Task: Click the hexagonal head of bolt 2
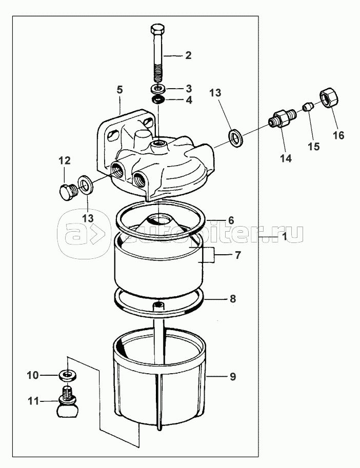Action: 157,30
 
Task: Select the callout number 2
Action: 188,55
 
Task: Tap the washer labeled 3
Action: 158,89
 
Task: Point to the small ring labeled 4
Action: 158,99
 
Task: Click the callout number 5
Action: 119,90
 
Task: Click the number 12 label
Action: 65,160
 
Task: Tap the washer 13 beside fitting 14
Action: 236,137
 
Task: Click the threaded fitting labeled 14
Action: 282,119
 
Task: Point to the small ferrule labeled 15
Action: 308,107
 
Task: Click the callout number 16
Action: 339,135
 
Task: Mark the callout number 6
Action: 231,220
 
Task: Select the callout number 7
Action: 237,255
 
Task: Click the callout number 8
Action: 233,299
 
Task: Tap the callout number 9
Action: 233,377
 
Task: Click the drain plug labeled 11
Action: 68,402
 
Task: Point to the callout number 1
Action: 284,237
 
